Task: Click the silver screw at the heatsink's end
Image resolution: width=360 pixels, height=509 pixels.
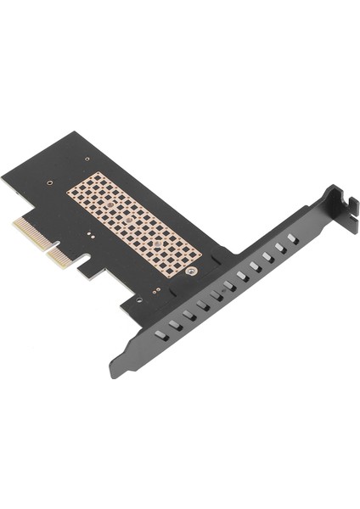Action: pyautogui.click(x=194, y=273)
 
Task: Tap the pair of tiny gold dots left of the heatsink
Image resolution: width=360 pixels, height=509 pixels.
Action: pyautogui.click(x=87, y=230)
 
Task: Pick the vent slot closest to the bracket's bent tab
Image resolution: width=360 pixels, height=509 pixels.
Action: pyautogui.click(x=292, y=240)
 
